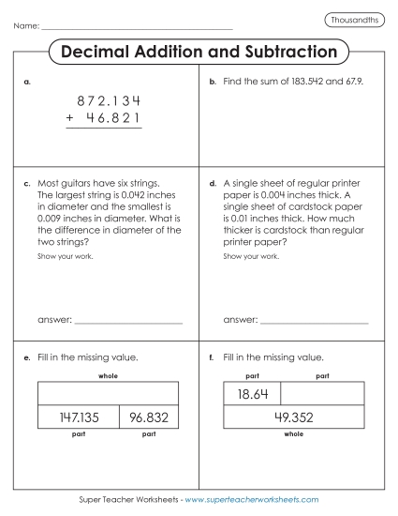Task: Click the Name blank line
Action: [137, 27]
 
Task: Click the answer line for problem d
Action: [314, 322]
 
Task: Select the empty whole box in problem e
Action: [107, 393]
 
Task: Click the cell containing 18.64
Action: [253, 393]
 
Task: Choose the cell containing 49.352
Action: [293, 418]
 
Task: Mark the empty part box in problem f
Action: [322, 393]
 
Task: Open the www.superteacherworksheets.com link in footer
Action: [252, 500]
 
